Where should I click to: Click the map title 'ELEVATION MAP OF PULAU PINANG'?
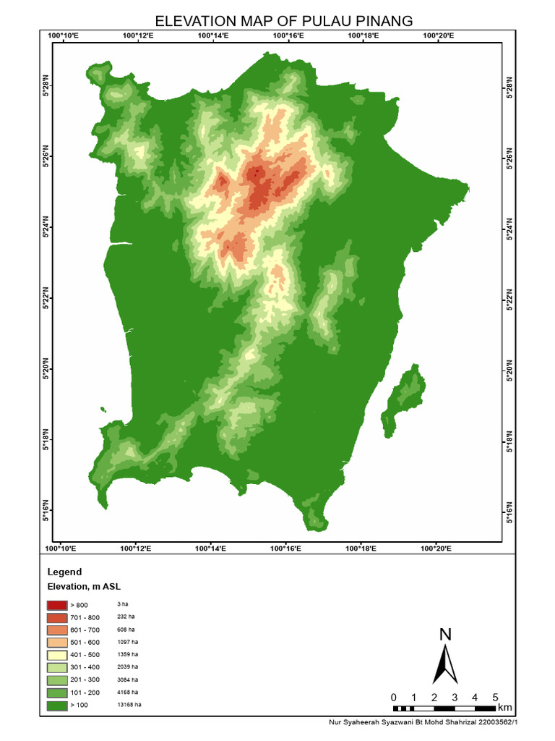tap(284, 21)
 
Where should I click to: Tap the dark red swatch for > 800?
tap(56, 604)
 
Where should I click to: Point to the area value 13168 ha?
tap(129, 704)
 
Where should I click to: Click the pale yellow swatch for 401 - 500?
tap(56, 654)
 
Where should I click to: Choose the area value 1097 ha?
tap(126, 642)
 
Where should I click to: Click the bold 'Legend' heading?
tap(64, 572)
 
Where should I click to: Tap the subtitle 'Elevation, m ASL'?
tap(83, 587)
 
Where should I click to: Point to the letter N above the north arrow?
tap(446, 635)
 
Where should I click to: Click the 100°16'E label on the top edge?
tap(288, 34)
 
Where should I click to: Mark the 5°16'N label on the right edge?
tap(510, 512)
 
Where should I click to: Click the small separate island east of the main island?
tap(407, 402)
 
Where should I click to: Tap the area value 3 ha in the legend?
tap(122, 604)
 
